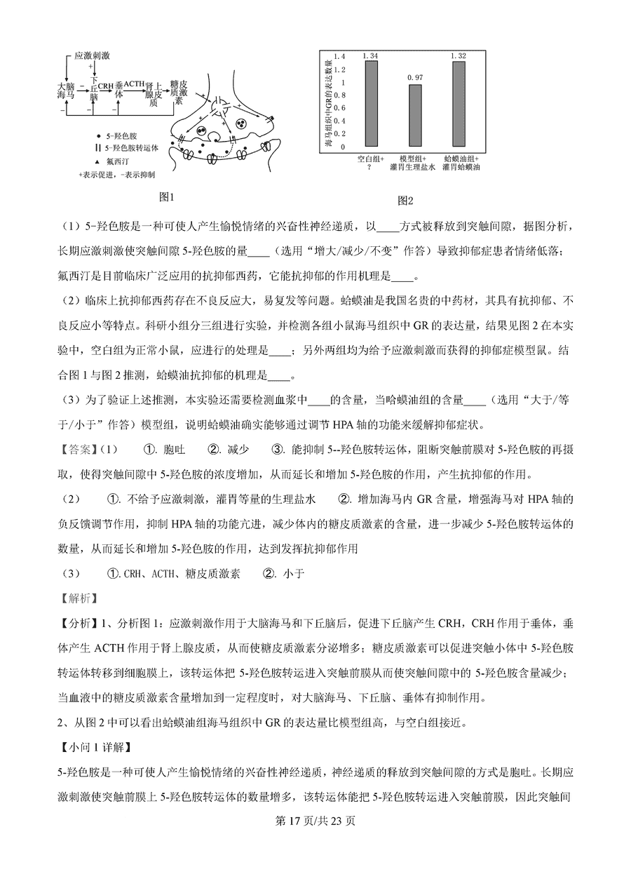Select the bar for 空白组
(371, 104)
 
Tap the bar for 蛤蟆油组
(459, 105)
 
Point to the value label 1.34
(371, 55)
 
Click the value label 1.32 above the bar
(459, 55)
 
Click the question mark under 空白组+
(371, 168)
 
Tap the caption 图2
(405, 201)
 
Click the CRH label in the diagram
(105, 86)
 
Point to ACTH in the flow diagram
(134, 84)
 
